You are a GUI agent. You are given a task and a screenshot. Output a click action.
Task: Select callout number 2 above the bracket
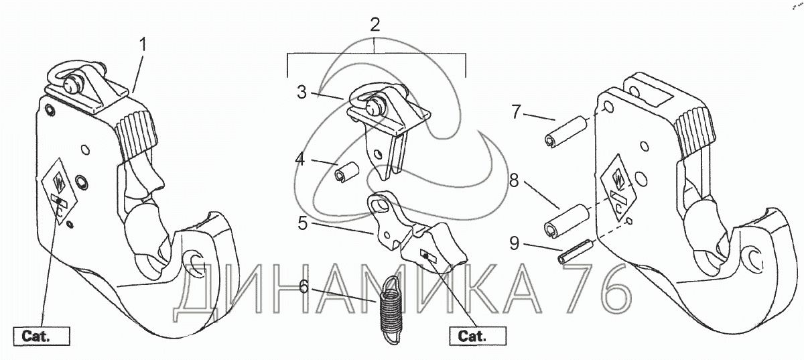(375, 25)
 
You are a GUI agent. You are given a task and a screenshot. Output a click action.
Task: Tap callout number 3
(302, 93)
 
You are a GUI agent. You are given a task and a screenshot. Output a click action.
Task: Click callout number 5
(304, 224)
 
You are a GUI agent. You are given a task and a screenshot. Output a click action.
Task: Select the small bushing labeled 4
(348, 174)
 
